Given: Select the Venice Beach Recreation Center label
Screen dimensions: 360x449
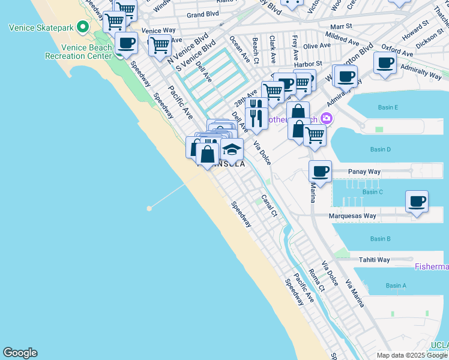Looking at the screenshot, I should click(79, 52).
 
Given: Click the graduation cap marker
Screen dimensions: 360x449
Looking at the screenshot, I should click(231, 149).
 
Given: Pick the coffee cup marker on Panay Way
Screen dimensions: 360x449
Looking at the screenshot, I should click(321, 172).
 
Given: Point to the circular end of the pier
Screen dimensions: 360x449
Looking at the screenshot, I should click(149, 208).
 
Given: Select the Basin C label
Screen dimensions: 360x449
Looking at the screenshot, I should click(373, 192).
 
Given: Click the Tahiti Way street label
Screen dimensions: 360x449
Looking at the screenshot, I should click(374, 260).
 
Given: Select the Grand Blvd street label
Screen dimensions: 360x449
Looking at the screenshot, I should click(202, 14).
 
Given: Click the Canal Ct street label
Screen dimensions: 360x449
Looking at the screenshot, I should click(269, 205).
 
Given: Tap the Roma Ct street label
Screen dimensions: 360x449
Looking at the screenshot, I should click(316, 280).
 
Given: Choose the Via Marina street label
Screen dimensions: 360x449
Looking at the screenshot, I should click(354, 293).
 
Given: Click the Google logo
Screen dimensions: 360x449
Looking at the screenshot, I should click(20, 353).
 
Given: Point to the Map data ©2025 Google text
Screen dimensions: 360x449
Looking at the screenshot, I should click(411, 355).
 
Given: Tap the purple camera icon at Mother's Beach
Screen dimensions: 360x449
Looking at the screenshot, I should click(327, 118).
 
